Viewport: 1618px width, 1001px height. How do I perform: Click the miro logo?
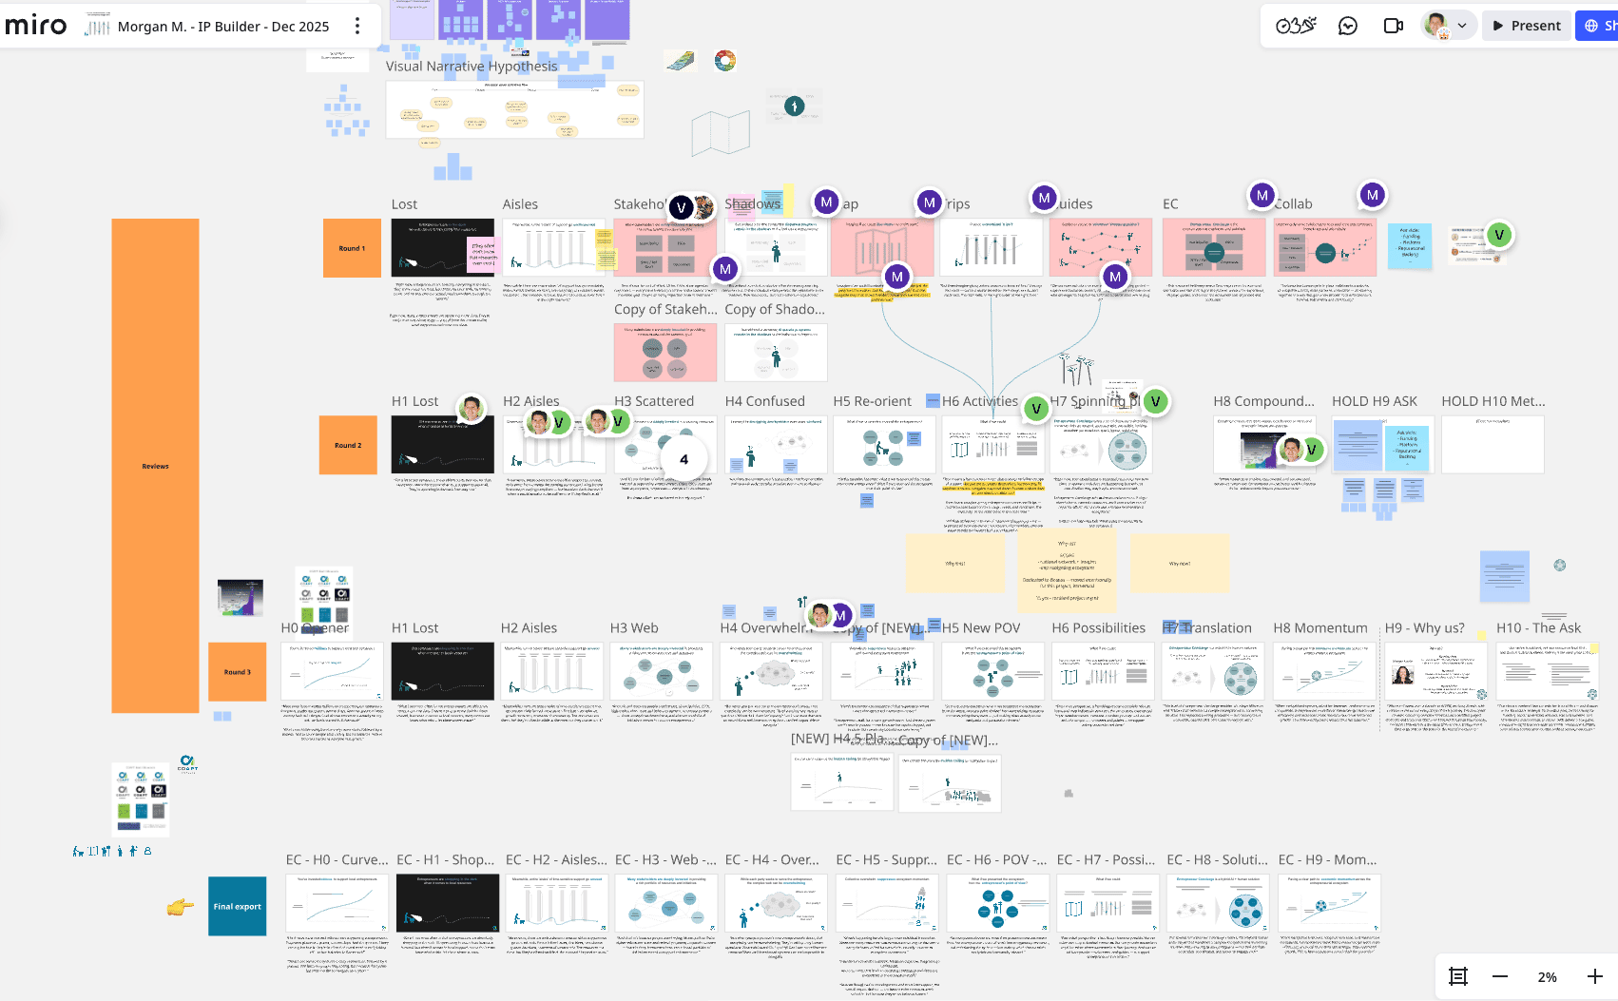(36, 26)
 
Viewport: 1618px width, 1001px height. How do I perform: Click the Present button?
(1526, 26)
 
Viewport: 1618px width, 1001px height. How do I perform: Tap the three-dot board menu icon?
(357, 26)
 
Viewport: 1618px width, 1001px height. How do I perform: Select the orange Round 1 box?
(352, 248)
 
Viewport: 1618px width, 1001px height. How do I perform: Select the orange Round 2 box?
(348, 445)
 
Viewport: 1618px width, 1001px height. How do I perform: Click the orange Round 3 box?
(238, 672)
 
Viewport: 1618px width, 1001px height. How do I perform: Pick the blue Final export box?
(238, 907)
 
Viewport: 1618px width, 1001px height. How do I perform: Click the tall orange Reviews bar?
(155, 466)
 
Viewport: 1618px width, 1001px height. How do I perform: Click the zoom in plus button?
(1594, 976)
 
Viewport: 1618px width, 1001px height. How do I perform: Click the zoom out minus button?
(1500, 976)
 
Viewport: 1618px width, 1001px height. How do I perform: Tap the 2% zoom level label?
(1547, 977)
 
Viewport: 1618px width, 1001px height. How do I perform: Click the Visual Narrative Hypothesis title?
(472, 67)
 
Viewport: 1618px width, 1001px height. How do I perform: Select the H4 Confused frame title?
(764, 401)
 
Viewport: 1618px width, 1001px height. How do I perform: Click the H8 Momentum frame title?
(1319, 628)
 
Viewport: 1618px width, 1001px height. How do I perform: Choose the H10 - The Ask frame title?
(1538, 628)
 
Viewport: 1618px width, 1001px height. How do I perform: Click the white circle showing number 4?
(684, 459)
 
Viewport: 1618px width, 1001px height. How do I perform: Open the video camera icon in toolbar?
(1393, 26)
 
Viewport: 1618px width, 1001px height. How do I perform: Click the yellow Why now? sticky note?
(1180, 563)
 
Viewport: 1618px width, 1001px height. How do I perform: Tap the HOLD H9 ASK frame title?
(1374, 401)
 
